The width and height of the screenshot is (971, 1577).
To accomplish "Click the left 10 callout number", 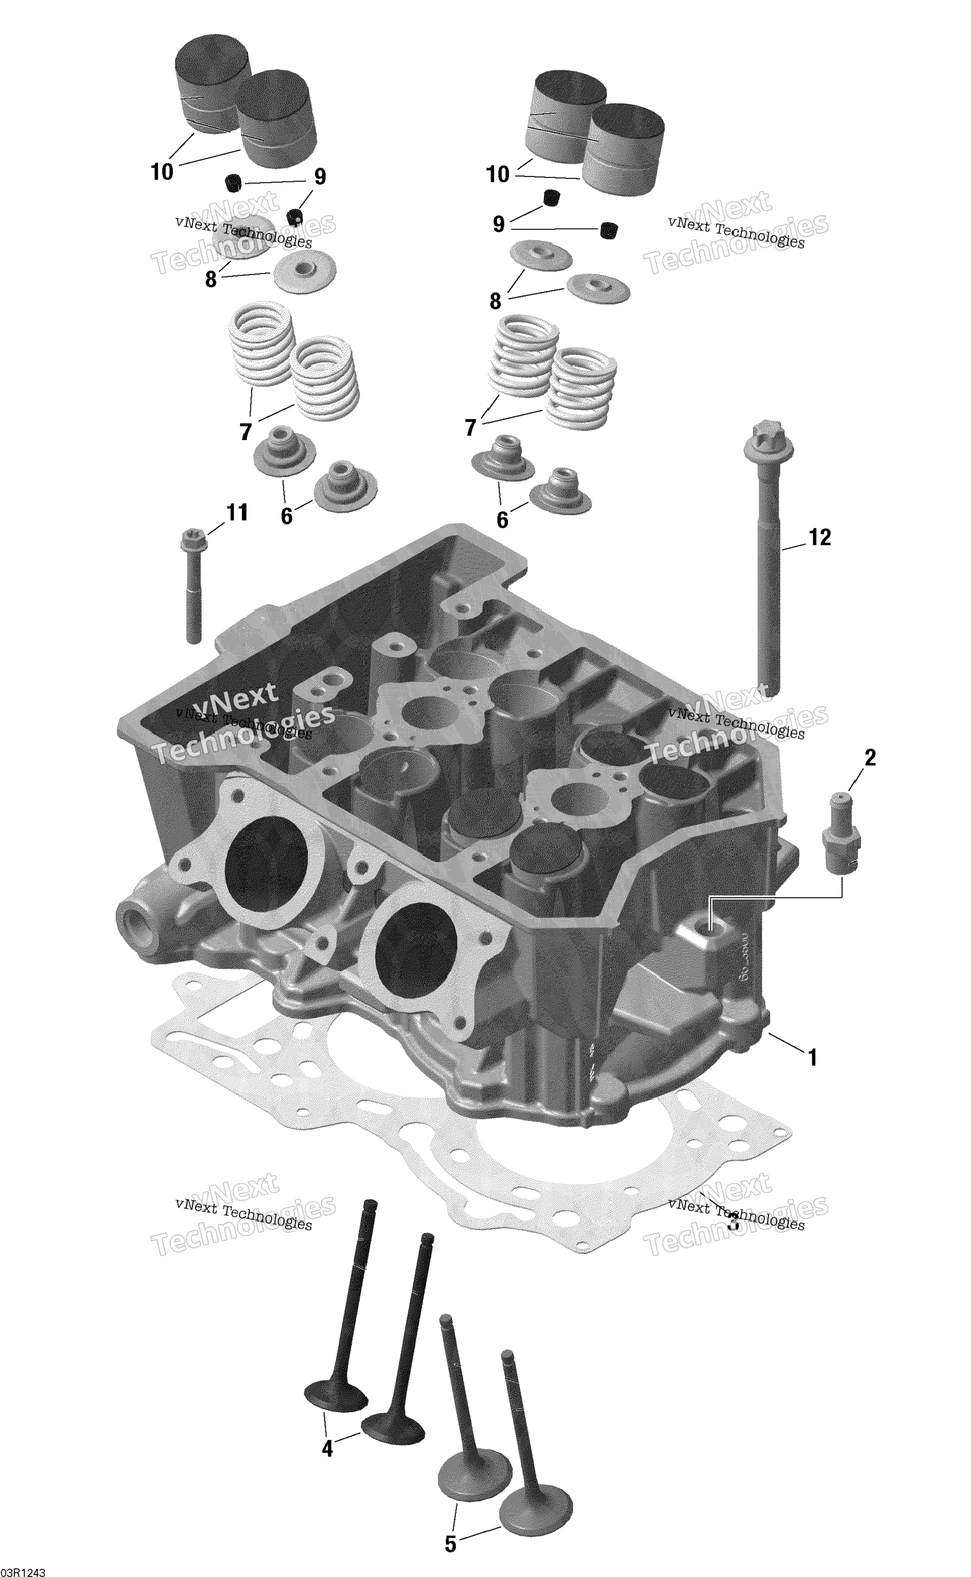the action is pos(162,171).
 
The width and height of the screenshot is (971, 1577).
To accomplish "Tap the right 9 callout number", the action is pos(498,224).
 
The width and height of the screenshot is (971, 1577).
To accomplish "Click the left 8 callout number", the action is pos(211,280).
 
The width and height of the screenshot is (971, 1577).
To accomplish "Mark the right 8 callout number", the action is pos(495,301).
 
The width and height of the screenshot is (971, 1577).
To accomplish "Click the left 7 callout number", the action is pos(245,432).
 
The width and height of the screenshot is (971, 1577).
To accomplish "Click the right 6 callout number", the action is pos(502,520).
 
